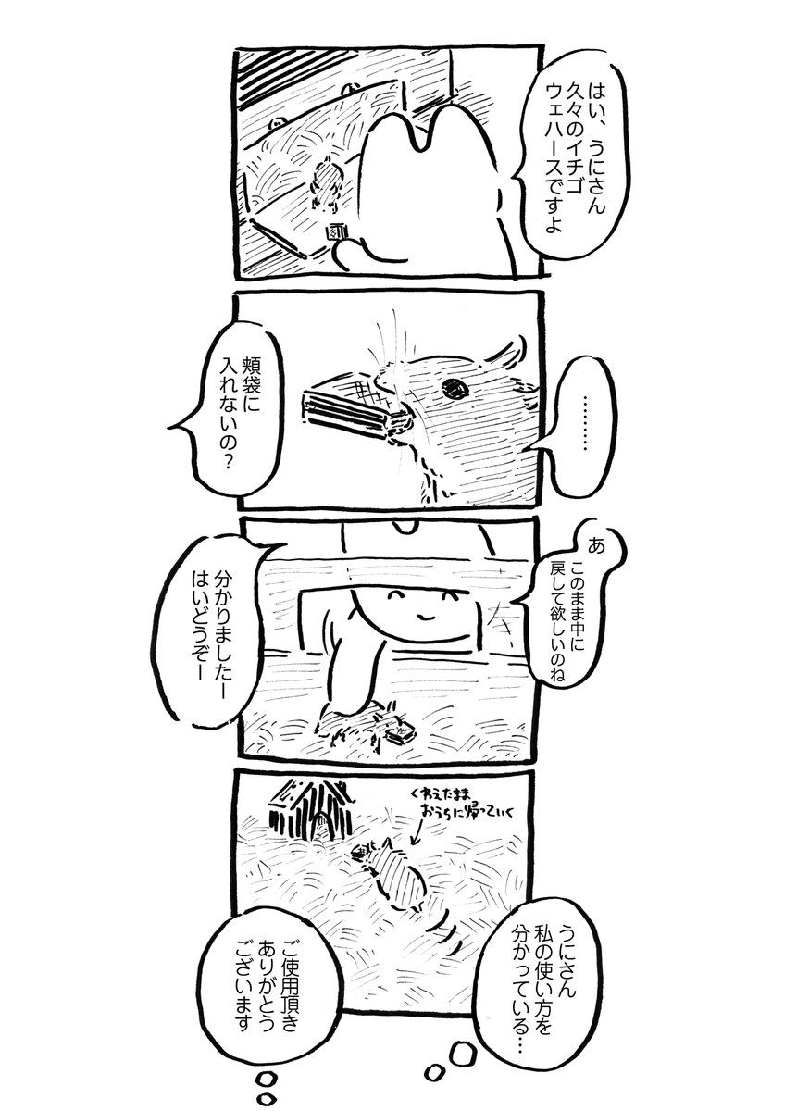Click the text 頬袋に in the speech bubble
[251, 392]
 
